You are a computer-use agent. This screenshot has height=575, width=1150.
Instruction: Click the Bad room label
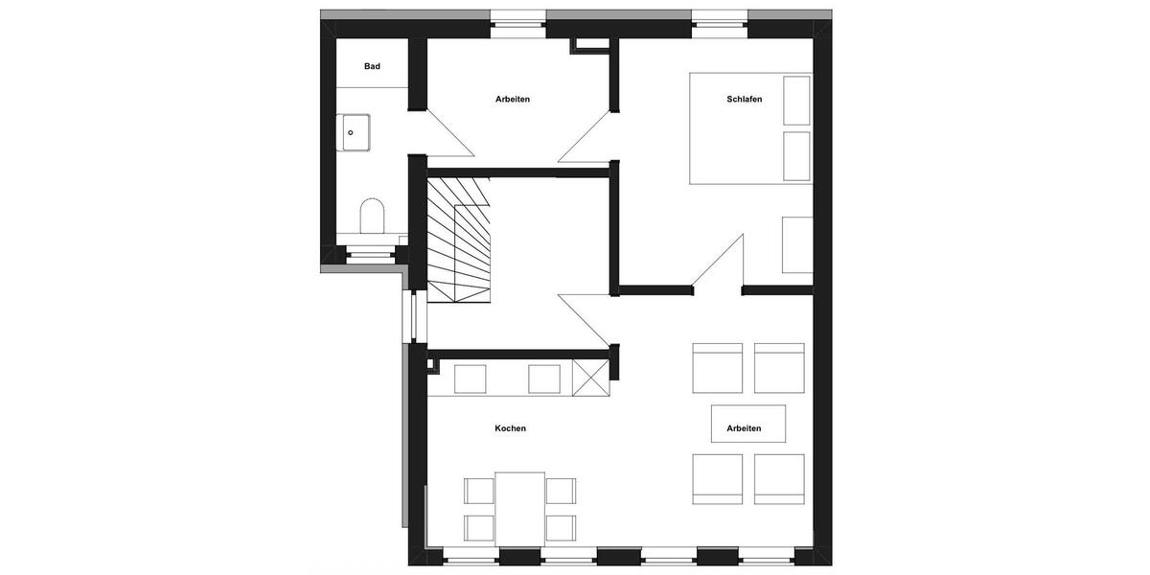(372, 66)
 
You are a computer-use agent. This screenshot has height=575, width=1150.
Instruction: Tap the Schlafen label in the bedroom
(744, 99)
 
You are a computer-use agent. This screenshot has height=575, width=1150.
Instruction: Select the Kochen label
(510, 428)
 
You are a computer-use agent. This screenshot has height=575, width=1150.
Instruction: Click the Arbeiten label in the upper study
(513, 99)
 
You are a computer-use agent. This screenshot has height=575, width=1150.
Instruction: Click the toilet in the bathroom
(371, 216)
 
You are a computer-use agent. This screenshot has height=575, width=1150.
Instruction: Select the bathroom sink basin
(356, 132)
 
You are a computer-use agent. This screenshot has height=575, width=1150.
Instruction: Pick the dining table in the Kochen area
(519, 507)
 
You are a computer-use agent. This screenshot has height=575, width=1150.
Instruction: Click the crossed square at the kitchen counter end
(590, 377)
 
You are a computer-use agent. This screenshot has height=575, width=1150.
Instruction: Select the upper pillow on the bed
(796, 100)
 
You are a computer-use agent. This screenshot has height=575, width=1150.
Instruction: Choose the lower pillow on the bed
(796, 156)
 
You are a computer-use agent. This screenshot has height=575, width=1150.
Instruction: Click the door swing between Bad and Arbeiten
(447, 134)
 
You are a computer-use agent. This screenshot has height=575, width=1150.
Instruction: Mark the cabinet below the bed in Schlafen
(797, 244)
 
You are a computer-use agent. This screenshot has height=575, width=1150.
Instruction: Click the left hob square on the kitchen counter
(470, 379)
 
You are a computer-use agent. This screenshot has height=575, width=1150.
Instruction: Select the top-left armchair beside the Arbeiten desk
(717, 368)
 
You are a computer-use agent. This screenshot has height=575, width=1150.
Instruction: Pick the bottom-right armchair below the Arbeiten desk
(778, 478)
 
